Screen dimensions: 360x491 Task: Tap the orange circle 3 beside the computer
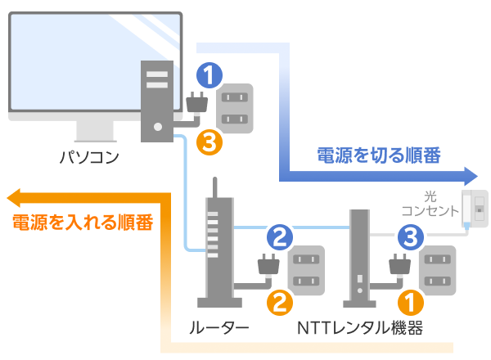[209, 143]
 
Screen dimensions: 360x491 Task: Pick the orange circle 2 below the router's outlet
[279, 304]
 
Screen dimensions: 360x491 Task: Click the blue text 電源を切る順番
[378, 155]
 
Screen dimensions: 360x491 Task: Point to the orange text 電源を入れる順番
[83, 222]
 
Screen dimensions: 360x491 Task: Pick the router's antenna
[214, 192]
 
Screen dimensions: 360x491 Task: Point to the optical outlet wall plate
[474, 209]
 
